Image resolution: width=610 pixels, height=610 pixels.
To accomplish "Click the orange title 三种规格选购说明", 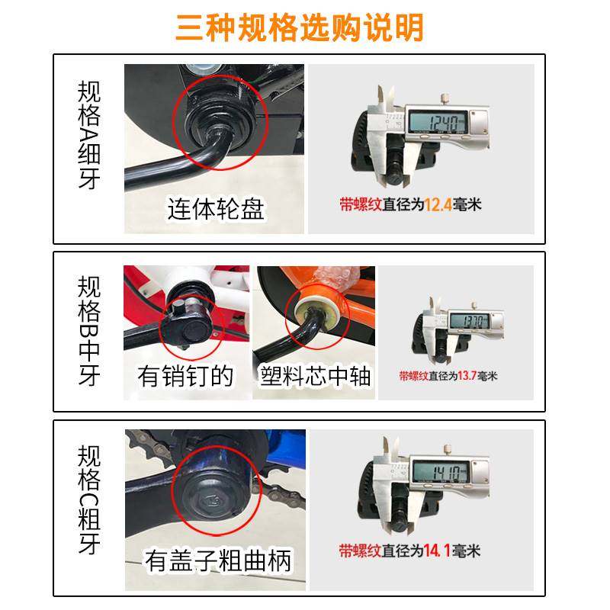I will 299,27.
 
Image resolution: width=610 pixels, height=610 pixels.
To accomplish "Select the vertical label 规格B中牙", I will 88,331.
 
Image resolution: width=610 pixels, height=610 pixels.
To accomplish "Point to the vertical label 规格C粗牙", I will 88,500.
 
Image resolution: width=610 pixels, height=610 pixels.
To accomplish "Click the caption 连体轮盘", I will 216,208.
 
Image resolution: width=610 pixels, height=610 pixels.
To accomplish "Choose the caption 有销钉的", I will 185,375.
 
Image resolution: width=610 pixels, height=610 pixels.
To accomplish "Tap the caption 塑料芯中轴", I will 314,375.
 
